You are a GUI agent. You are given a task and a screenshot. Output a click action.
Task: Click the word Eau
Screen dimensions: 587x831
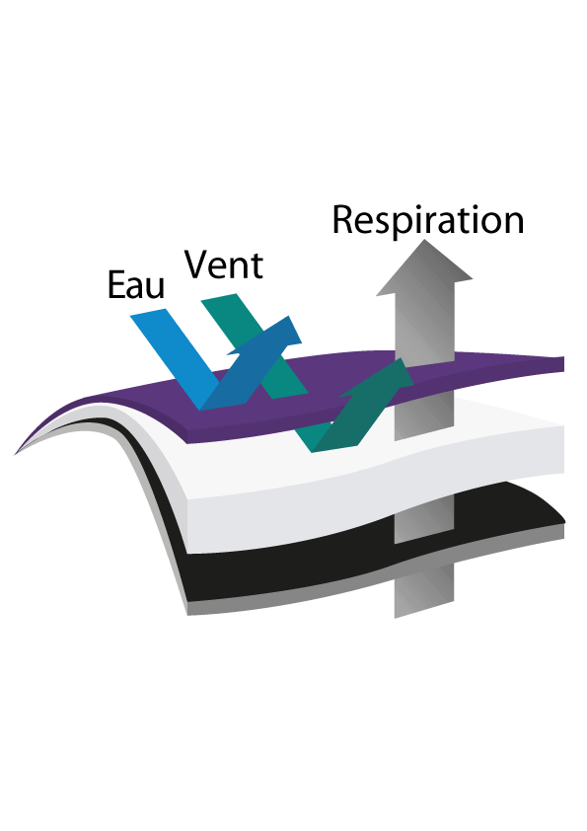(x=136, y=285)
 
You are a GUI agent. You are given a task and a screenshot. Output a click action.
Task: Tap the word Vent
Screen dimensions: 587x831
(x=224, y=264)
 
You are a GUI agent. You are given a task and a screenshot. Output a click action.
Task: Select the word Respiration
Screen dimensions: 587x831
(x=428, y=220)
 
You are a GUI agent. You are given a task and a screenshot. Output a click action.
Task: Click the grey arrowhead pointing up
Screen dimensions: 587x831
(x=424, y=267)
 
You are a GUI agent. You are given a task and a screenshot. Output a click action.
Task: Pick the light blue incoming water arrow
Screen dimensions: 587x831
(x=175, y=356)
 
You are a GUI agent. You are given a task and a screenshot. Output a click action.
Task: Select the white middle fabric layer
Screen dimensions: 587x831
(x=371, y=467)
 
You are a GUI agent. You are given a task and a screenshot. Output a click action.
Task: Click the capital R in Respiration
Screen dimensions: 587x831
(x=343, y=219)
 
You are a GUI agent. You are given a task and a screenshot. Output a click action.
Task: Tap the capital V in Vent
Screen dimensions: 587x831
(x=196, y=264)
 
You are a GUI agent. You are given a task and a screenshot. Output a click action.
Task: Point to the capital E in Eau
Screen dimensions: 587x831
(x=116, y=285)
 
